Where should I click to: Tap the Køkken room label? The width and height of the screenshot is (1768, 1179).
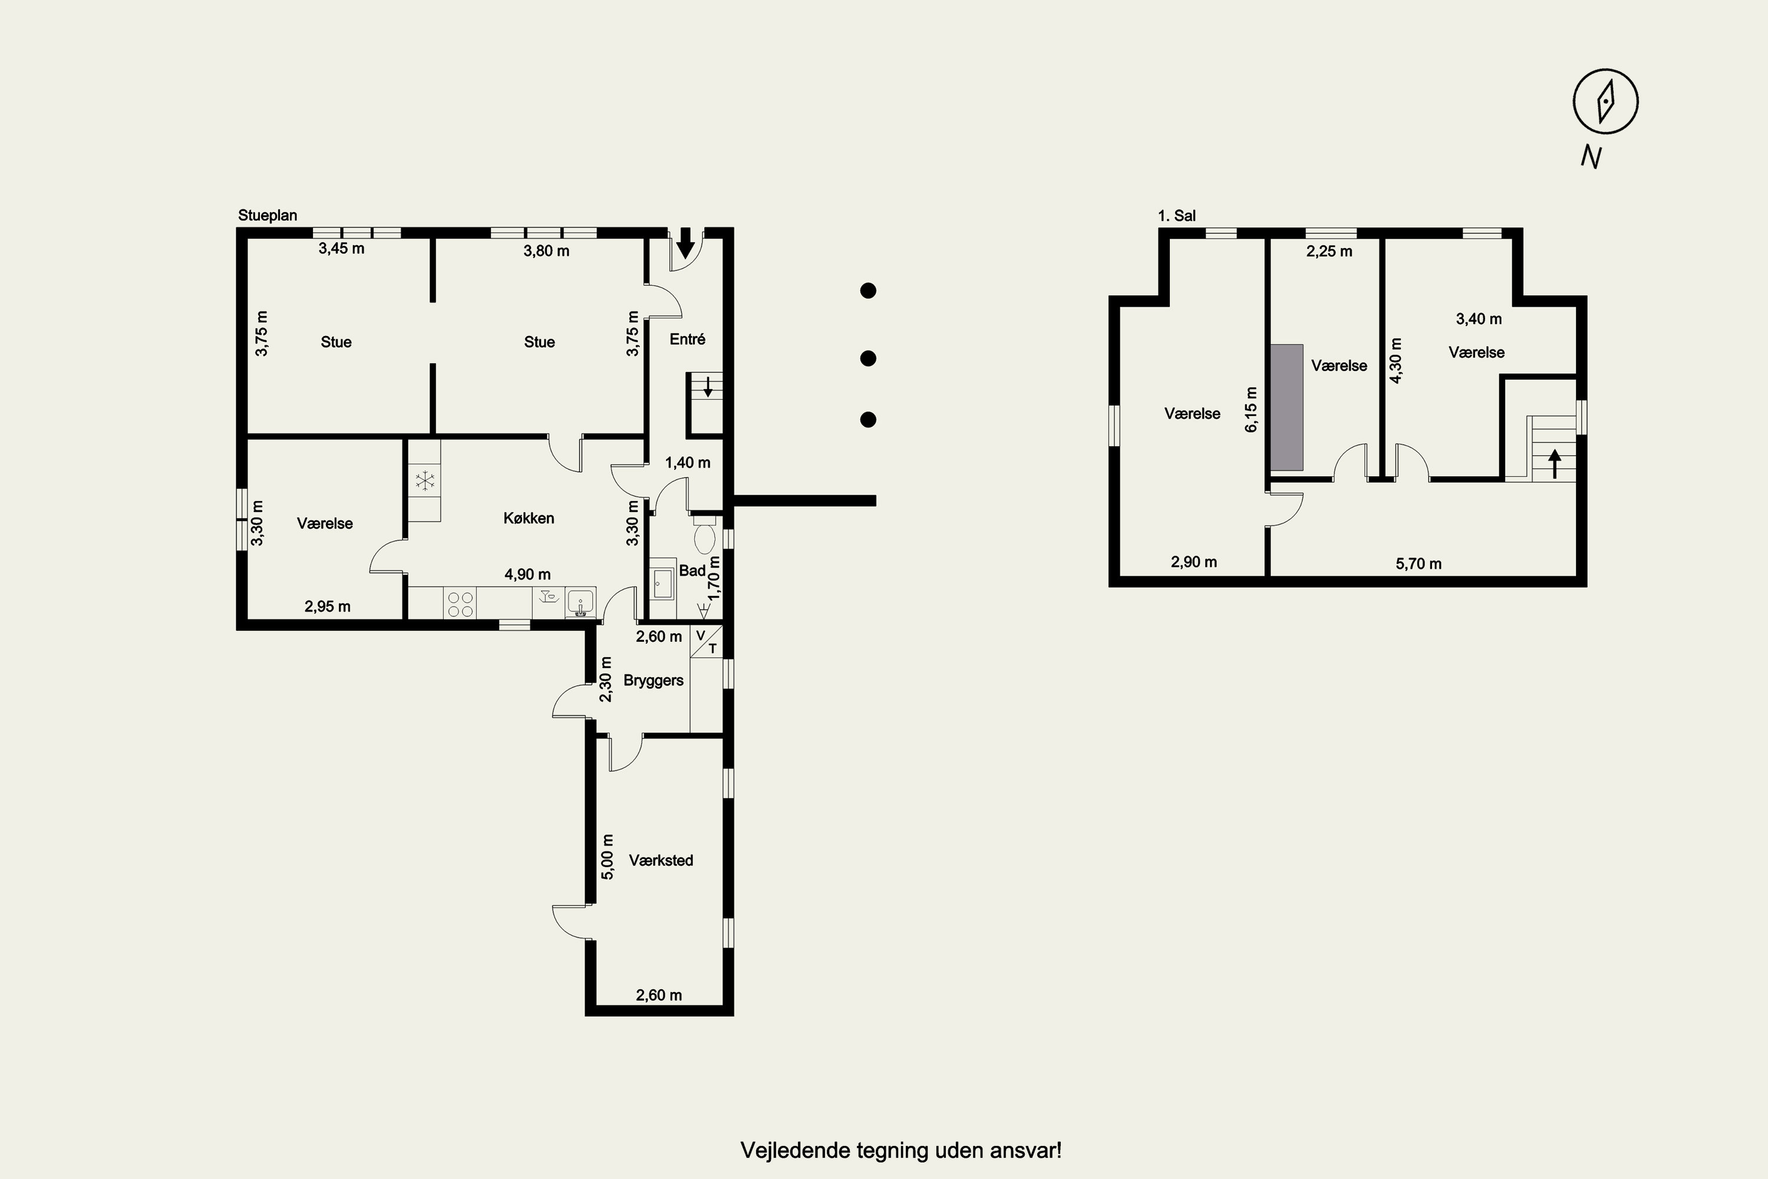pos(529,518)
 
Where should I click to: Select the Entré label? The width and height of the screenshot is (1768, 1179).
pos(687,339)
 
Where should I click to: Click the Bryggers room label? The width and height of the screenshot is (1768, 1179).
pos(653,680)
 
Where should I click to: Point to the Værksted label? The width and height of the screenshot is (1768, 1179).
pos(661,860)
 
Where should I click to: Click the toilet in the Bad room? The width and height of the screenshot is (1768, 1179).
pos(704,534)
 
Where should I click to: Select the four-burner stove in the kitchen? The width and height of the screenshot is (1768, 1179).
pos(461,605)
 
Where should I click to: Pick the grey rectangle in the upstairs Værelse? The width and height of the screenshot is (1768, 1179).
pos(1287,407)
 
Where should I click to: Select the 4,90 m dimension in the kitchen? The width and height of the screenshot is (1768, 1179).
pos(527,574)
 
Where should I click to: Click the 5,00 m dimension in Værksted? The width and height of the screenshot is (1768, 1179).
pos(608,857)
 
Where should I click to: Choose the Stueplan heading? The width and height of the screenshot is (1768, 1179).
pos(268,215)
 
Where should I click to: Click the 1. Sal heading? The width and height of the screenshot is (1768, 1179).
pos(1176,216)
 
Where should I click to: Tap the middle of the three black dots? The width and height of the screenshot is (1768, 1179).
pos(868,358)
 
